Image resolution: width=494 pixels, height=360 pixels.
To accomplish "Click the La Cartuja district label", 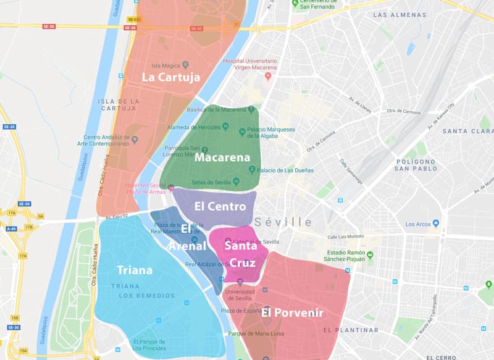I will click(170, 77).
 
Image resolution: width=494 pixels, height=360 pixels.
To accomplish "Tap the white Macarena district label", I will click(222, 157).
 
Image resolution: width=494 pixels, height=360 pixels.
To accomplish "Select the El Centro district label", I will click(220, 206).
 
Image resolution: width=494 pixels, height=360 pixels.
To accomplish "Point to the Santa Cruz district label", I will click(241, 254).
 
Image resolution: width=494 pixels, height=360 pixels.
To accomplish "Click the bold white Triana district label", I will click(135, 270).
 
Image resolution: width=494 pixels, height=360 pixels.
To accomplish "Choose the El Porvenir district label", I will click(292, 312).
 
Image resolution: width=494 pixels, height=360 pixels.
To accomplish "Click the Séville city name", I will click(283, 222).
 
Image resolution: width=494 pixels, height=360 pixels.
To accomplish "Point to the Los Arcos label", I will click(417, 224).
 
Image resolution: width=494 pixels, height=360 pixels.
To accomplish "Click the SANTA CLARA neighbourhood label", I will click(467, 131).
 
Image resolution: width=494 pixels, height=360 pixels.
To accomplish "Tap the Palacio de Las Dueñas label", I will click(286, 170).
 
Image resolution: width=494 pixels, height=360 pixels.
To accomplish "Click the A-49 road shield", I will click(11, 228).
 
